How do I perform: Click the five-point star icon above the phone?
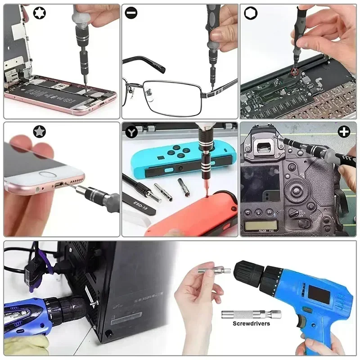coord(40,131)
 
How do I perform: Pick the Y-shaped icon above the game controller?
coord(131,132)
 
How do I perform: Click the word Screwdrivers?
coord(251,323)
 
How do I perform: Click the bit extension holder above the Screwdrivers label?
coord(251,315)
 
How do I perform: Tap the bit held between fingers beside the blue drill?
coord(214,271)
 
